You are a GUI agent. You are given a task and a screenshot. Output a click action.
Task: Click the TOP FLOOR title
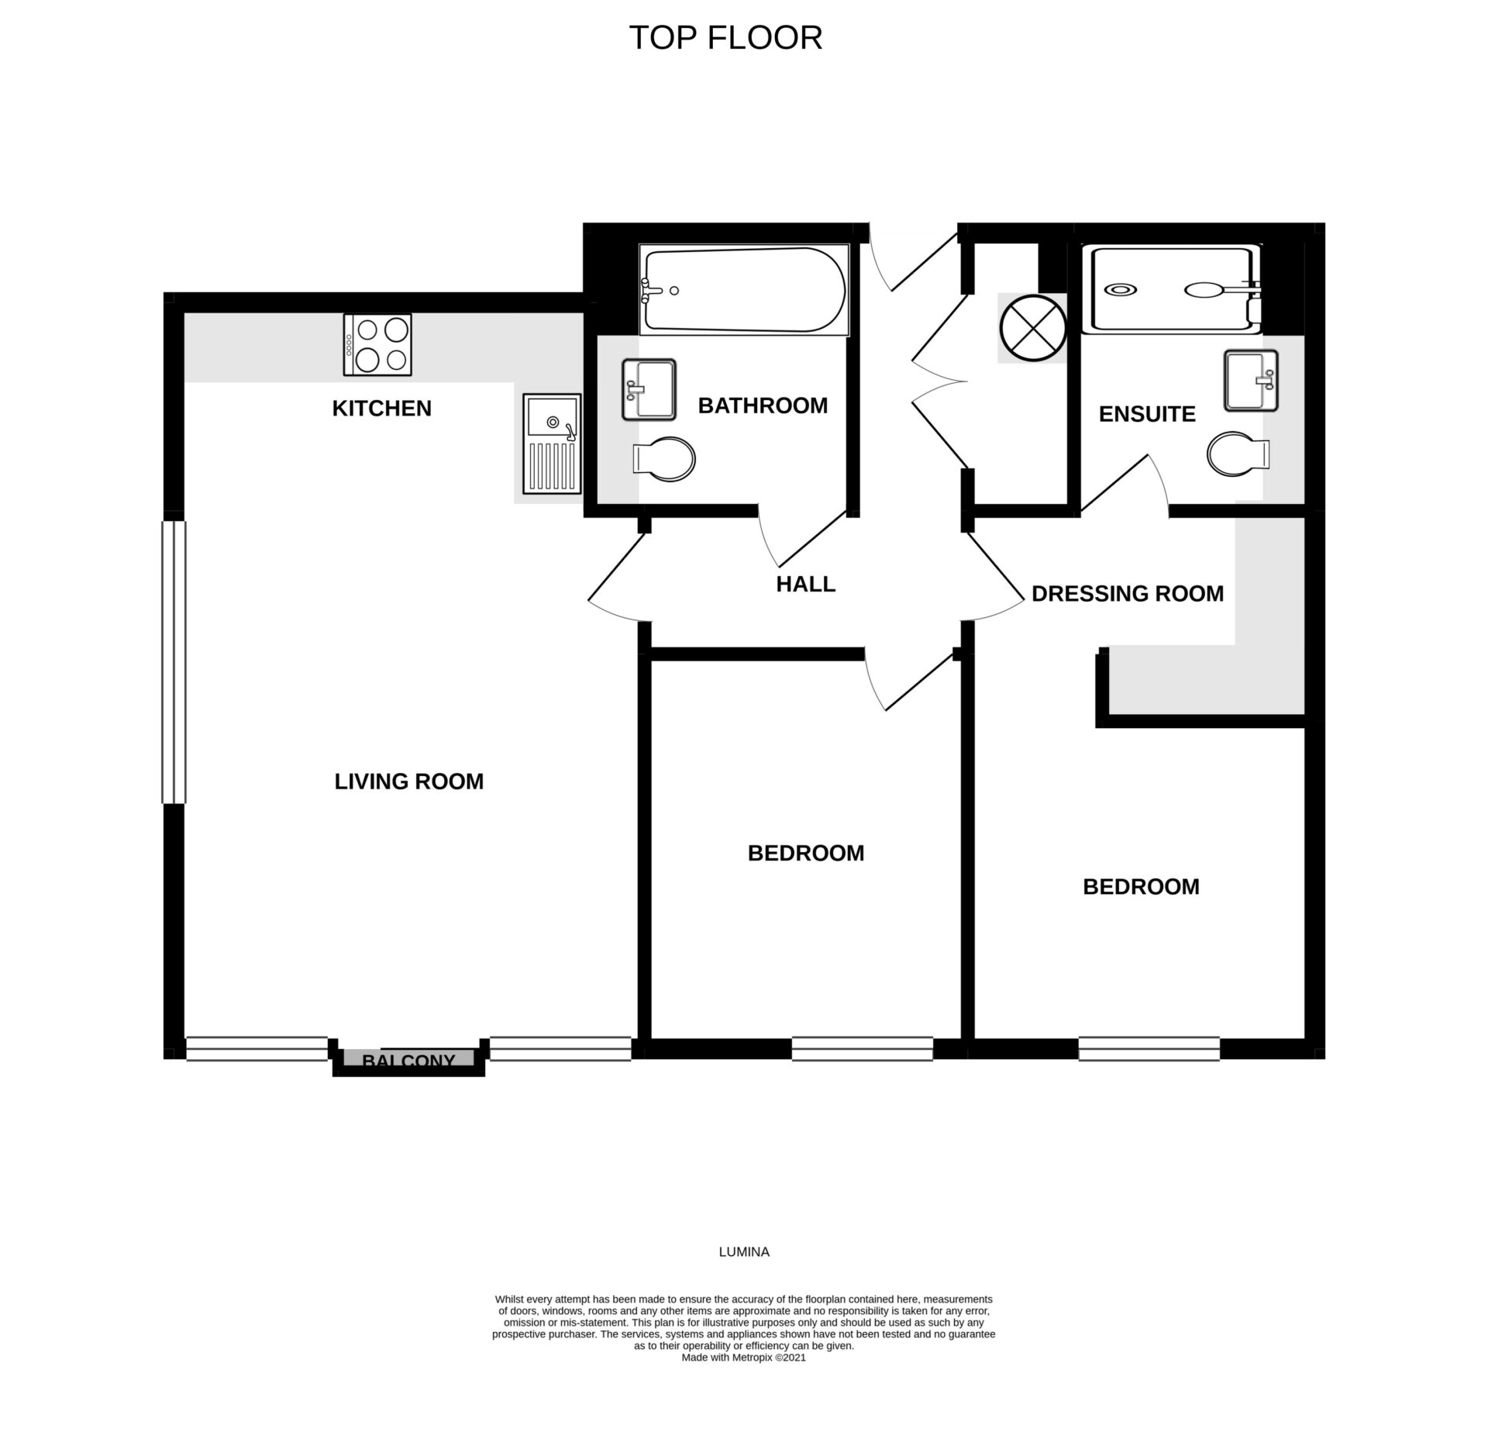(x=725, y=38)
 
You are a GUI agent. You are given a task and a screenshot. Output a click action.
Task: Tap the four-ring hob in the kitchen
(x=377, y=345)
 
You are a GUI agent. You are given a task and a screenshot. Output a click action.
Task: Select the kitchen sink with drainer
(x=552, y=443)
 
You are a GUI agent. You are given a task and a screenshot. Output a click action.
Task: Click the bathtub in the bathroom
(x=743, y=291)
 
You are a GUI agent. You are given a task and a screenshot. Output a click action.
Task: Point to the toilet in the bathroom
(x=664, y=458)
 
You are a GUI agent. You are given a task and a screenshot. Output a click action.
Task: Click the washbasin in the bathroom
(x=649, y=389)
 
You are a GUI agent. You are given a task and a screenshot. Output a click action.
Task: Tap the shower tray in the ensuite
(x=1172, y=290)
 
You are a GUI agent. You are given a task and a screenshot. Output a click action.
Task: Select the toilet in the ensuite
(x=1238, y=454)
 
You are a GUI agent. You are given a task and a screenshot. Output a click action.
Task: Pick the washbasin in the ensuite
(x=1251, y=381)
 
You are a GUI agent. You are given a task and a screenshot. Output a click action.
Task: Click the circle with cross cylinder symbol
(x=1032, y=328)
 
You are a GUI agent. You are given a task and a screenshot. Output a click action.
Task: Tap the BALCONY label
(x=408, y=1060)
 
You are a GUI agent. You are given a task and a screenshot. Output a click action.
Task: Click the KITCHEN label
(x=381, y=409)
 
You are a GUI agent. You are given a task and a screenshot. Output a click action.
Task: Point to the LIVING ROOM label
(x=408, y=782)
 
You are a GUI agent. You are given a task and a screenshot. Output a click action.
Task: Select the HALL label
(x=805, y=584)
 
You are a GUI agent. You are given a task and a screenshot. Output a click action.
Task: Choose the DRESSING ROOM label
(x=1128, y=594)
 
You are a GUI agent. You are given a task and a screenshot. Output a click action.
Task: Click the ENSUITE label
(x=1147, y=414)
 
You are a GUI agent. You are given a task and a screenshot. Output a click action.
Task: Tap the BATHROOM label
(x=763, y=405)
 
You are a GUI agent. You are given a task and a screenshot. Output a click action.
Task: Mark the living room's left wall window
(x=174, y=662)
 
